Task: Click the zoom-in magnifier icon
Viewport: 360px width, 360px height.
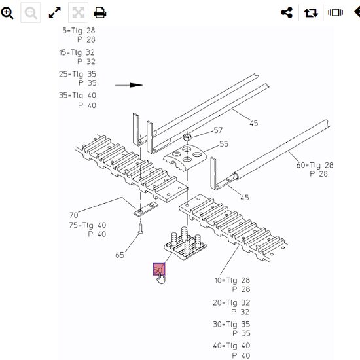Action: point(8,12)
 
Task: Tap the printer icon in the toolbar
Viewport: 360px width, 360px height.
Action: point(99,12)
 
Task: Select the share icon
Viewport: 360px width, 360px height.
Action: point(286,12)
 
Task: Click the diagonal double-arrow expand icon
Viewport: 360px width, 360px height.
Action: point(55,12)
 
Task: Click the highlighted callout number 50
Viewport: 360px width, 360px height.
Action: point(158,270)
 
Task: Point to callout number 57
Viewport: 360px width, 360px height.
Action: point(218,130)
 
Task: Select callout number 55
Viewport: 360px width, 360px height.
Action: point(224,144)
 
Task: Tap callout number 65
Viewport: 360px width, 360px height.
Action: point(120,255)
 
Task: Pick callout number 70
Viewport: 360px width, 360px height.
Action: point(73,215)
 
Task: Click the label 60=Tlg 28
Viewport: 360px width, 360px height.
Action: point(314,166)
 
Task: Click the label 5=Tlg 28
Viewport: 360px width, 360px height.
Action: point(79,31)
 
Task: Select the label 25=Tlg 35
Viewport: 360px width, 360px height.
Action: point(77,74)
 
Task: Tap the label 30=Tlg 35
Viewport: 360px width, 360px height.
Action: point(231,324)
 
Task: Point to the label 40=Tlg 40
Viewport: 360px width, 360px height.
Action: point(231,346)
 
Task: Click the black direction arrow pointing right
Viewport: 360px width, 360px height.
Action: point(130,85)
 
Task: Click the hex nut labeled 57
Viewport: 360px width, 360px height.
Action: point(187,137)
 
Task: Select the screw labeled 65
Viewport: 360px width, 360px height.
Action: point(140,229)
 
